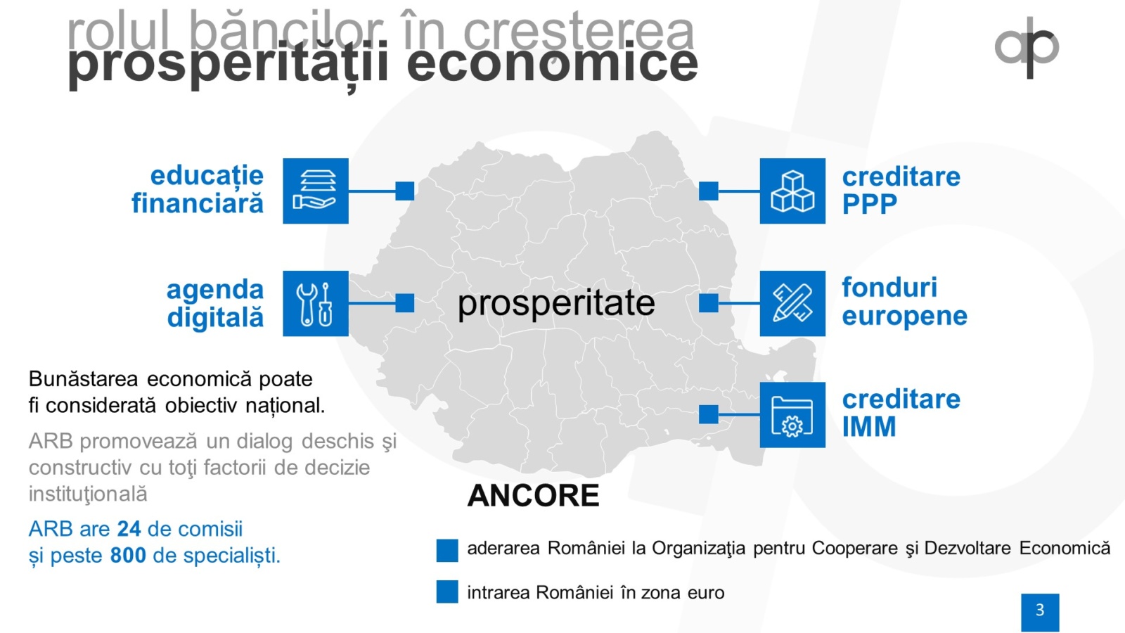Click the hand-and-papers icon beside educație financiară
316,191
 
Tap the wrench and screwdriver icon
316,303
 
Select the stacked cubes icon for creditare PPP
792,191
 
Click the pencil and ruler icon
792,303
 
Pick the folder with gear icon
792,415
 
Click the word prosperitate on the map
556,304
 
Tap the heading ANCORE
534,495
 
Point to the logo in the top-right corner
1027,48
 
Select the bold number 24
129,529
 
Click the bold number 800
128,556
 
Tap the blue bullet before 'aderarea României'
447,550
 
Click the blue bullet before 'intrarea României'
447,592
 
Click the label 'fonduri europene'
904,302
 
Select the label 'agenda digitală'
215,303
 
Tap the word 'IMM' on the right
869,427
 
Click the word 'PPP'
869,204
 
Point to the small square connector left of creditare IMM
709,414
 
